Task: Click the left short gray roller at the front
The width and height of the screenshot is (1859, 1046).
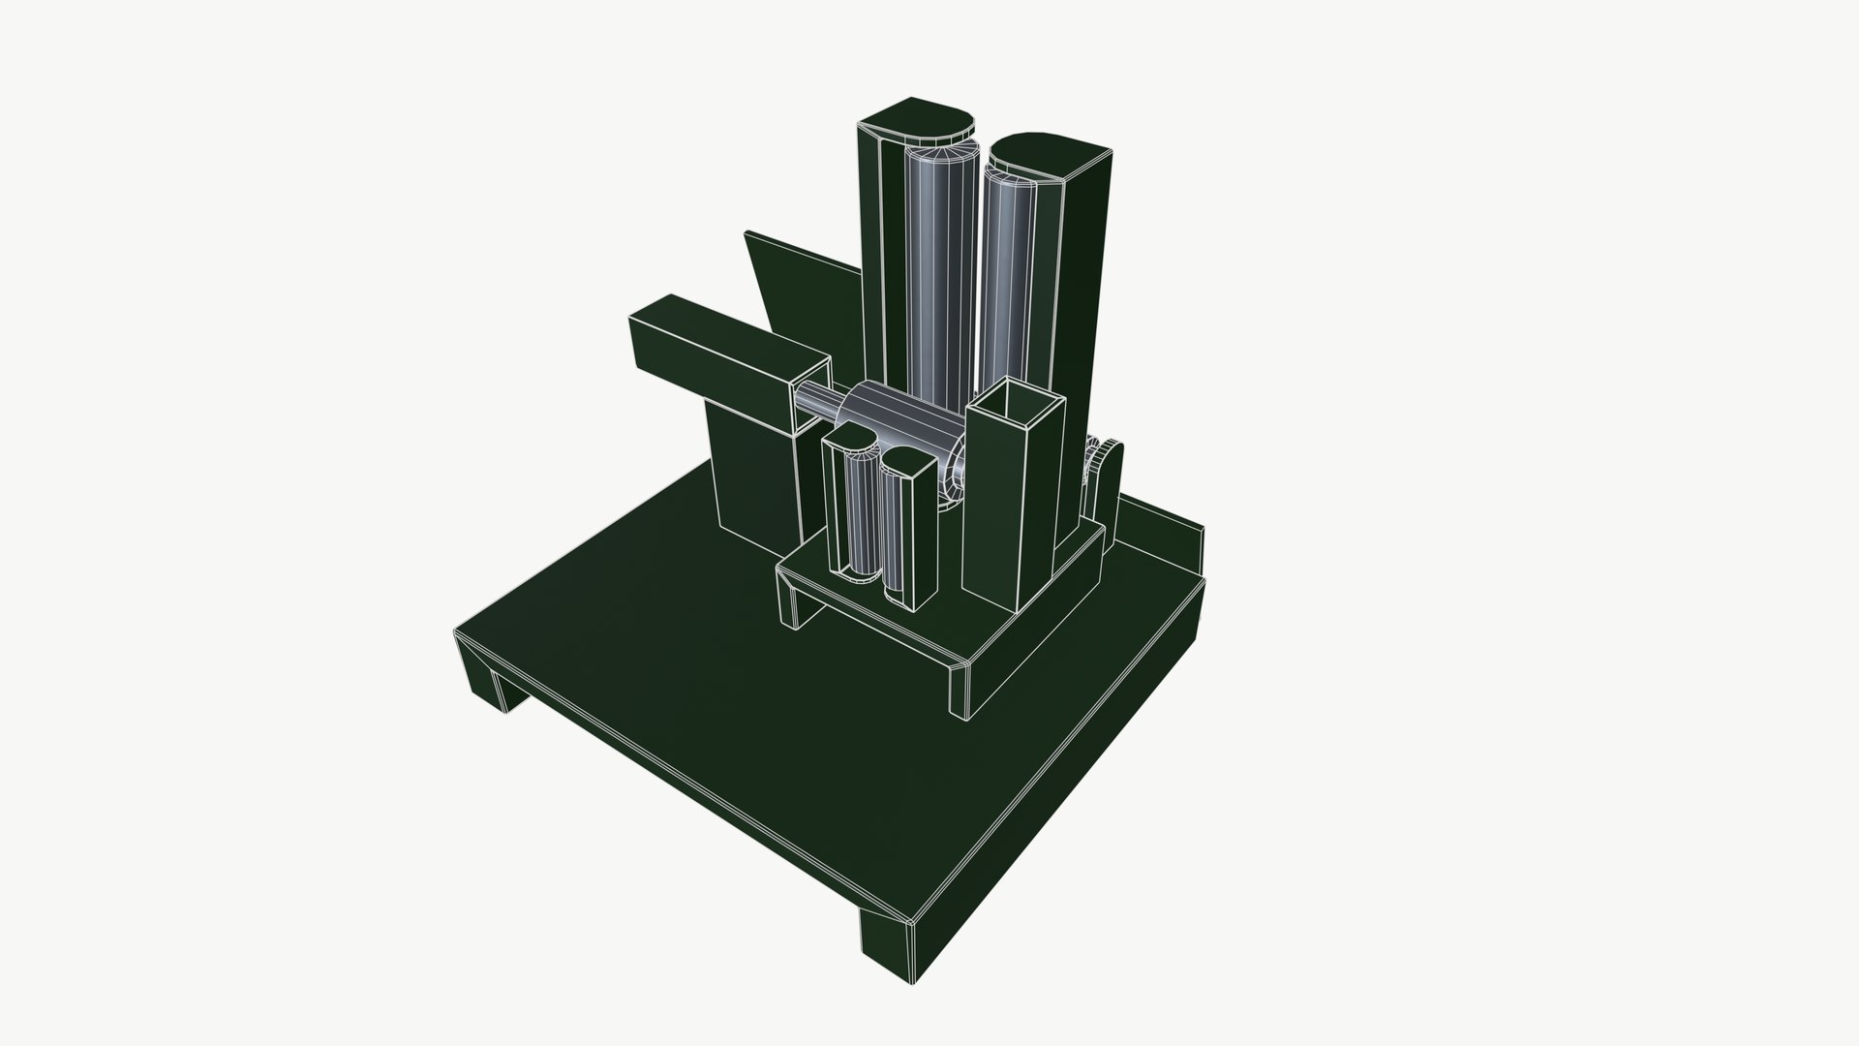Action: tap(859, 523)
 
